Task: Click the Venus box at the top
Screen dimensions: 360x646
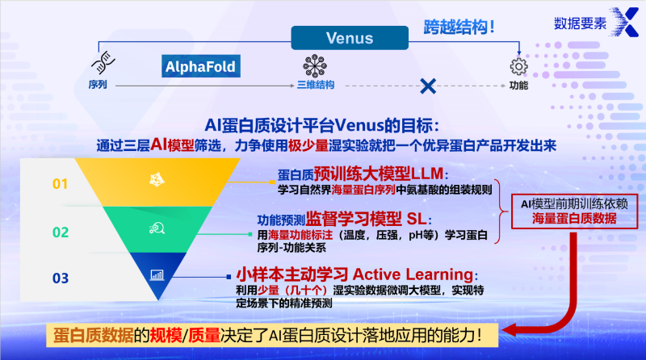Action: (349, 38)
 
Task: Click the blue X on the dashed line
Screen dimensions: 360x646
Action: (429, 85)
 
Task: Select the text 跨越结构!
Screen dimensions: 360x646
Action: (459, 27)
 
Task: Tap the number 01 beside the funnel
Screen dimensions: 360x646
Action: (61, 184)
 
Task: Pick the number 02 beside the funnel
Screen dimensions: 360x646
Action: (61, 232)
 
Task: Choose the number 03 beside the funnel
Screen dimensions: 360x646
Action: (61, 278)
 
